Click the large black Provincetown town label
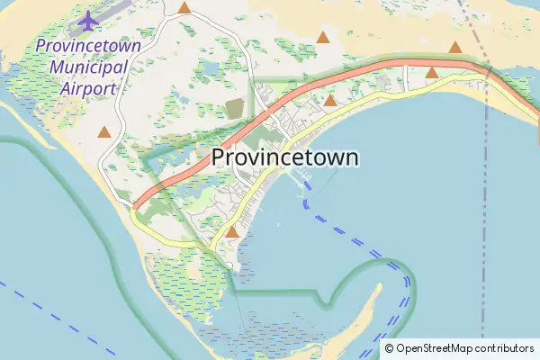285,157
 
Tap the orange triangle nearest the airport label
104,132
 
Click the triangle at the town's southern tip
232,232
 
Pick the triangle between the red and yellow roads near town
330,101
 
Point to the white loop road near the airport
104,162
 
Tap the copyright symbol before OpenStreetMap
389,348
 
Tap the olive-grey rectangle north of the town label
235,109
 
